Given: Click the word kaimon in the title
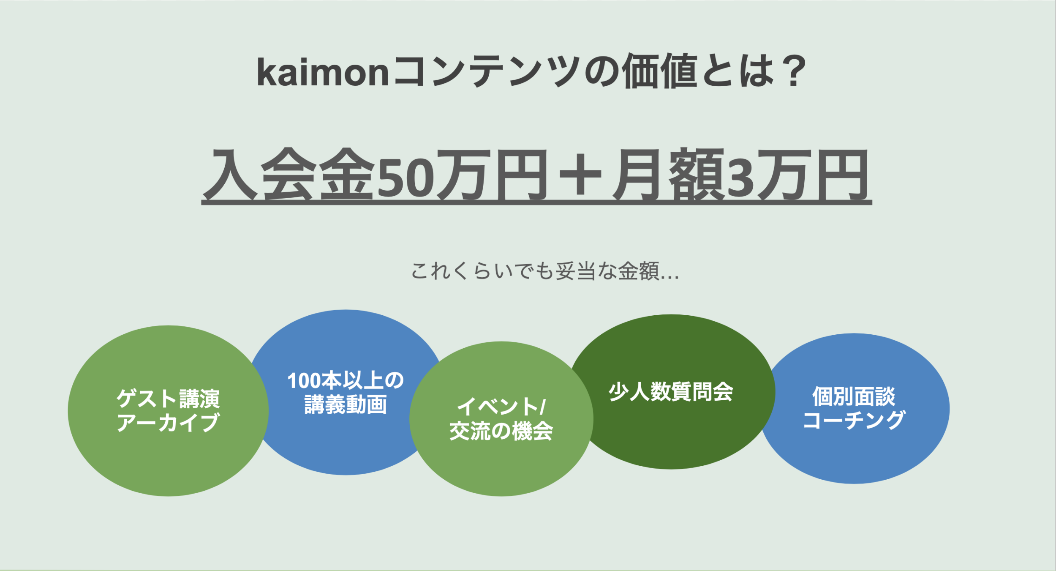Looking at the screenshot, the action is (323, 72).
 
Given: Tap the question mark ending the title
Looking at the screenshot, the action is (793, 71).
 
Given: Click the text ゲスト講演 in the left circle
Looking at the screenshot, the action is (168, 398).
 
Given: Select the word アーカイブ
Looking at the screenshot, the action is (168, 422).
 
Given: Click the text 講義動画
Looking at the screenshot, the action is (346, 404).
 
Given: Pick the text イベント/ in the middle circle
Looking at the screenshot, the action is (501, 407).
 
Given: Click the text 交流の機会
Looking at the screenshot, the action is (501, 431).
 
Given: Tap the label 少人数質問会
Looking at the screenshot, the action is (671, 392).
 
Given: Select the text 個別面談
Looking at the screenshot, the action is (854, 396).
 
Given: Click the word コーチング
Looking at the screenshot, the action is (854, 421).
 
